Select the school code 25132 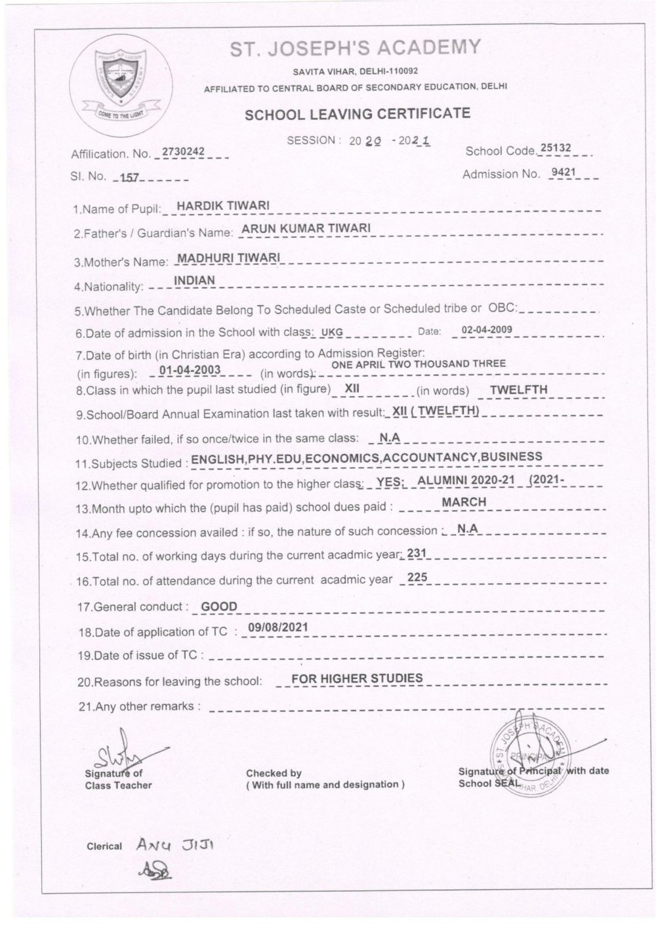pyautogui.click(x=555, y=148)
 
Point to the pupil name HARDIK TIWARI pyautogui.click(x=223, y=206)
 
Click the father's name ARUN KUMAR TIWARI pyautogui.click(x=306, y=228)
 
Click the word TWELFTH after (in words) pyautogui.click(x=518, y=389)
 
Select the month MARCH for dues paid pyautogui.click(x=464, y=502)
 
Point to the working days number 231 pyautogui.click(x=417, y=553)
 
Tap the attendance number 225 pyautogui.click(x=417, y=578)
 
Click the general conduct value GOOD pyautogui.click(x=219, y=607)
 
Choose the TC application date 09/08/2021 pyautogui.click(x=277, y=627)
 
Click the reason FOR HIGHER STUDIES pyautogui.click(x=357, y=678)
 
